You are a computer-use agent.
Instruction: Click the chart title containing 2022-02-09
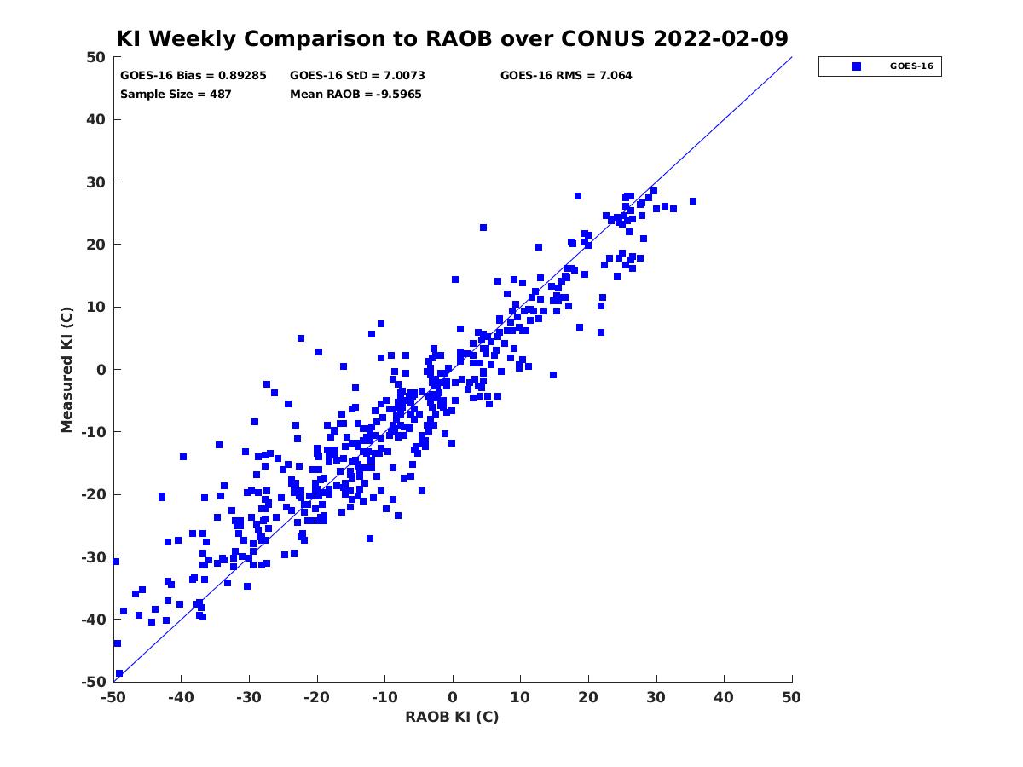click(x=452, y=38)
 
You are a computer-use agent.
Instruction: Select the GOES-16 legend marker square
click(x=856, y=66)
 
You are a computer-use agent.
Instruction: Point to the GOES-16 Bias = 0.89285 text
click(x=193, y=76)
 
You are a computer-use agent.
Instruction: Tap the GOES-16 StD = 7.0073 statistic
click(x=357, y=76)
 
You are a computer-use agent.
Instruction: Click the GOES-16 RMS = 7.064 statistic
click(x=566, y=76)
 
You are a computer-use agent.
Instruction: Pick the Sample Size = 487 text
click(x=176, y=95)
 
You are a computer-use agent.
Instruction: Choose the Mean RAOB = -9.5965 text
click(x=355, y=95)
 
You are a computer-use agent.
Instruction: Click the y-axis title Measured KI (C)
click(x=66, y=369)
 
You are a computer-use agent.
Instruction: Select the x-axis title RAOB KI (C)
click(x=452, y=716)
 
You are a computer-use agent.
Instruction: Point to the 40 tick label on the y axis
click(x=95, y=119)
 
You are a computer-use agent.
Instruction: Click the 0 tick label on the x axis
click(x=453, y=697)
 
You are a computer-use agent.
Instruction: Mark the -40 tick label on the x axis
click(x=181, y=697)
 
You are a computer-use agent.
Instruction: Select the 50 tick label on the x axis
click(x=791, y=697)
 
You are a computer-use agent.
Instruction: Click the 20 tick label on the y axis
click(x=95, y=245)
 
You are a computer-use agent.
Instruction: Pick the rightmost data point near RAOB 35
click(x=692, y=201)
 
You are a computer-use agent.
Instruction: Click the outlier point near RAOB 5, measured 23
click(x=483, y=228)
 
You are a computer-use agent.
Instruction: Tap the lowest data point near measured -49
click(x=119, y=673)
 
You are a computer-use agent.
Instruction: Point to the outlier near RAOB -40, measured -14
click(x=183, y=457)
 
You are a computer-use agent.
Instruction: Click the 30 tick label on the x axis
click(x=656, y=697)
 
